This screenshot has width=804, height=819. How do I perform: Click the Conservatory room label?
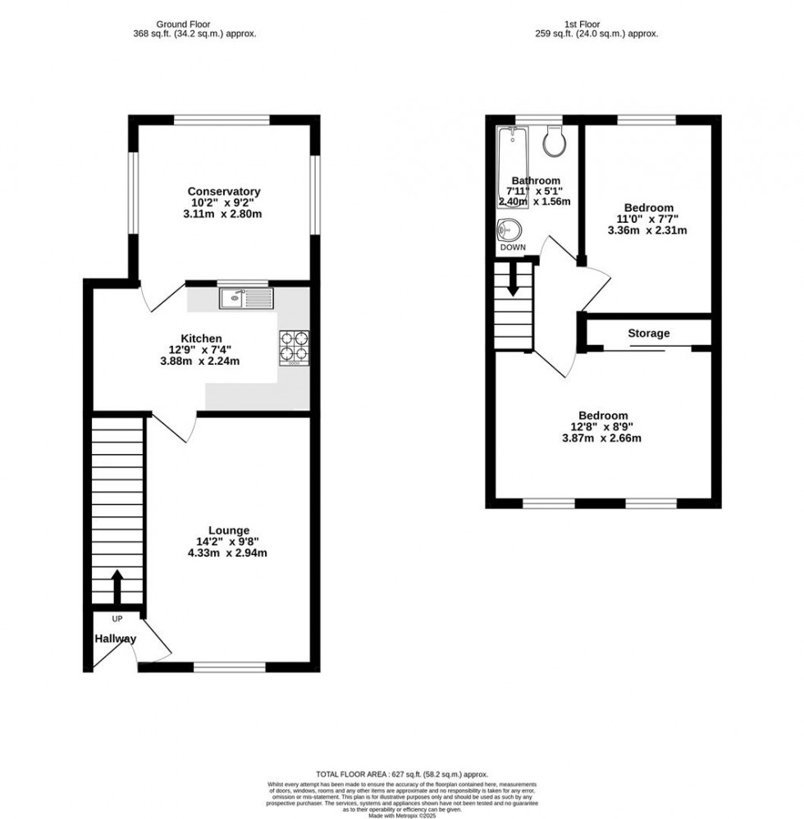tap(223, 192)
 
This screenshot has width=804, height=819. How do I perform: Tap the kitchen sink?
tap(246, 299)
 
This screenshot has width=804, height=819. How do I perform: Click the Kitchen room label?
tap(201, 339)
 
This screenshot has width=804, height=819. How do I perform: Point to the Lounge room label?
tap(228, 530)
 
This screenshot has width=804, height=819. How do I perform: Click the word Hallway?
tap(115, 639)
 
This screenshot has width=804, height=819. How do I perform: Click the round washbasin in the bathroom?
tap(509, 230)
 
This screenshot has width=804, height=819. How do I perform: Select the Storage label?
tap(648, 334)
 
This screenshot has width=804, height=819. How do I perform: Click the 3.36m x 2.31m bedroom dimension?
tap(646, 230)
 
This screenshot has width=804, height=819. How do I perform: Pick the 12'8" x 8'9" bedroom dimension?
tap(603, 426)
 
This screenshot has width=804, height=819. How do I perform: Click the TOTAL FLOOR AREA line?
tap(402, 774)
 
